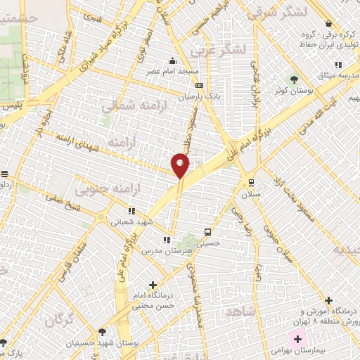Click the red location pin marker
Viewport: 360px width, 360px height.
pos(180,166)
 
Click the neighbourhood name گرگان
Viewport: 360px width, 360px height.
pos(60,320)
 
